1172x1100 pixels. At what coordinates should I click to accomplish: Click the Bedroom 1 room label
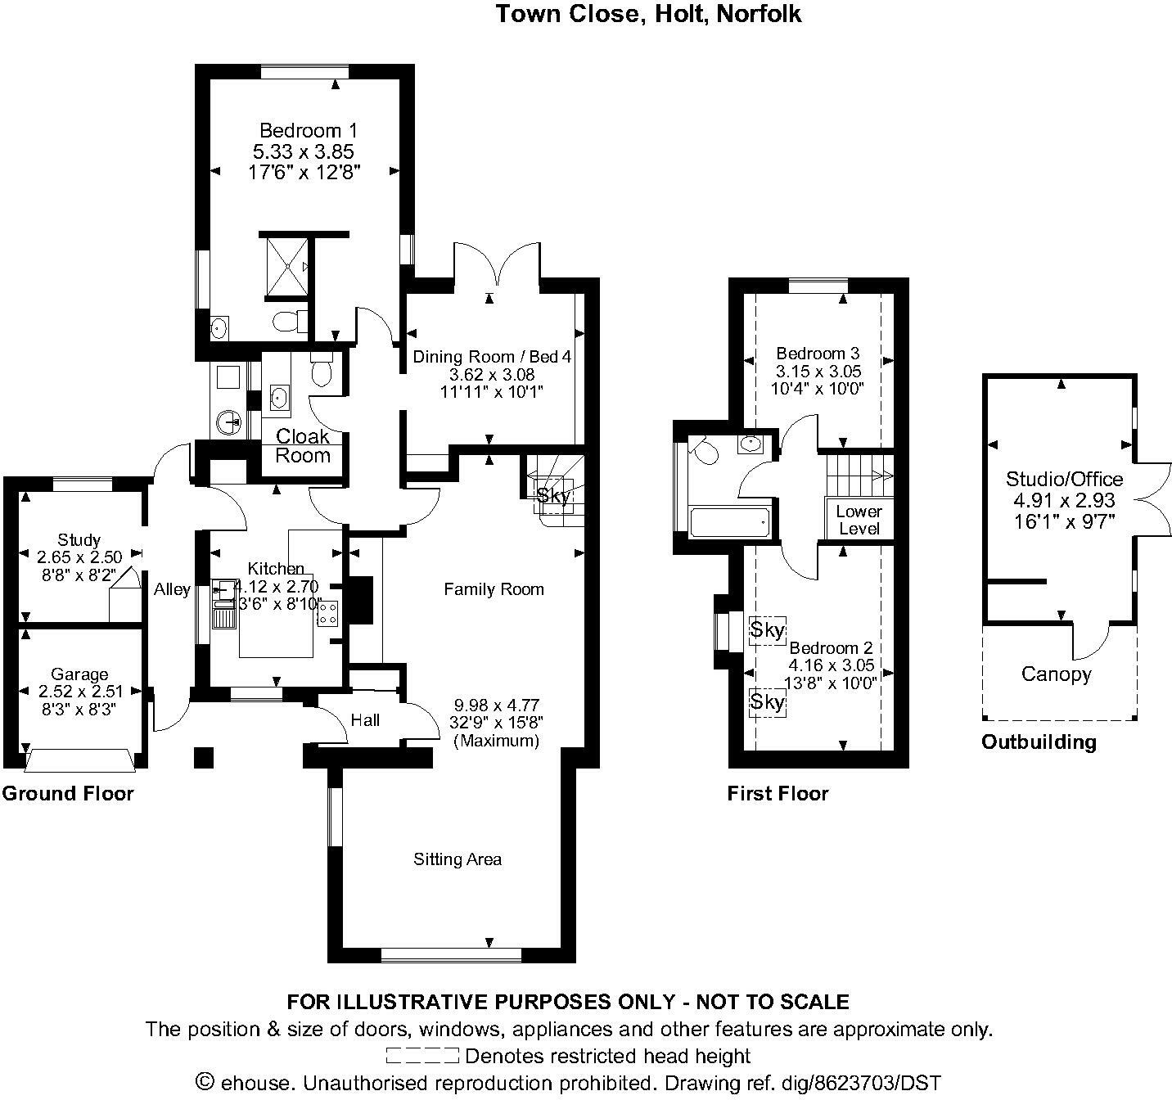308,130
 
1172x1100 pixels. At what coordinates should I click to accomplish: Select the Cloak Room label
303,446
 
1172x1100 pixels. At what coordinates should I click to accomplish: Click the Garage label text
79,674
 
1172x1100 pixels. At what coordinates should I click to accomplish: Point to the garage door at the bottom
79,760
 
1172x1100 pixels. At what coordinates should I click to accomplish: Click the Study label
79,540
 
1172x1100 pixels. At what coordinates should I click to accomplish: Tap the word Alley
172,589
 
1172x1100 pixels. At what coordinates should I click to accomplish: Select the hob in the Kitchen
328,612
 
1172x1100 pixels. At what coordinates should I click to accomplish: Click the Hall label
365,720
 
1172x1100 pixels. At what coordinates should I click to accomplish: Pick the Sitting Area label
458,859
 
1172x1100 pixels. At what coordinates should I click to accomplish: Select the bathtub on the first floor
729,521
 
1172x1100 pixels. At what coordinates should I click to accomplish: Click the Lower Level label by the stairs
859,520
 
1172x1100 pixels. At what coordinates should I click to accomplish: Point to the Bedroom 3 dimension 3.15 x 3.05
818,371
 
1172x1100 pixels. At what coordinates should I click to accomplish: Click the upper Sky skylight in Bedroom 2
768,630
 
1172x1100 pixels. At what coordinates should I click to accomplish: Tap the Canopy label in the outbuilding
1057,674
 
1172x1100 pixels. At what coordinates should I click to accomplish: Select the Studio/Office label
1064,479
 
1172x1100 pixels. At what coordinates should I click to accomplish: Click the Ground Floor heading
68,793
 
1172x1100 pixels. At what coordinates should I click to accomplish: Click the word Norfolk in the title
759,14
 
